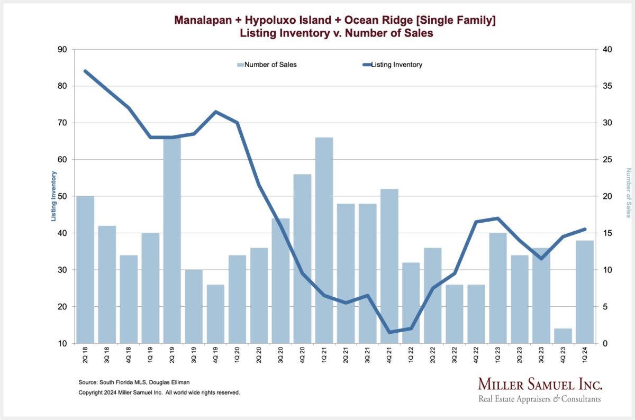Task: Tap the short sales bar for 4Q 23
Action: point(563,336)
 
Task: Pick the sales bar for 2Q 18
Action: point(85,270)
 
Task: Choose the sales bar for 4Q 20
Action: point(302,259)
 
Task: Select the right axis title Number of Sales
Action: point(629,193)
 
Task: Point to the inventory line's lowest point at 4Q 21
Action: point(389,332)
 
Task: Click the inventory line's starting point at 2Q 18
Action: point(85,71)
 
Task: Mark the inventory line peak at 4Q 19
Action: point(215,112)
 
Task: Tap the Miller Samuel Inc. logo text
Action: point(540,384)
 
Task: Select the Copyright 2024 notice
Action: point(159,392)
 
